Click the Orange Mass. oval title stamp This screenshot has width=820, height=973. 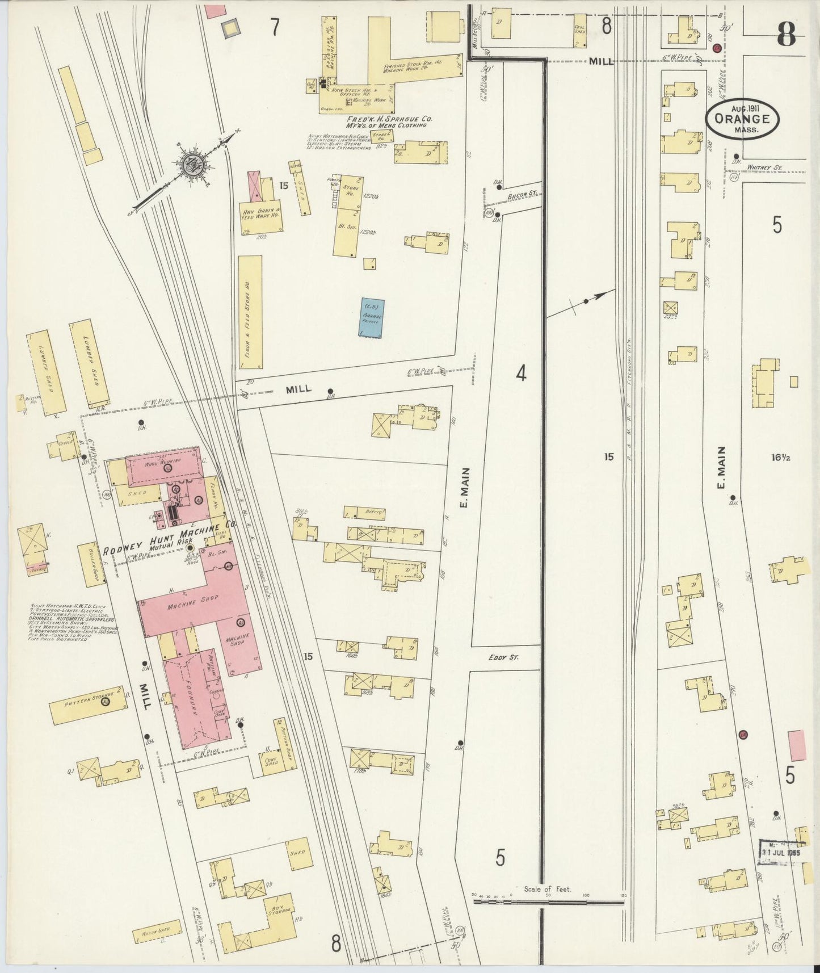(x=742, y=119)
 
